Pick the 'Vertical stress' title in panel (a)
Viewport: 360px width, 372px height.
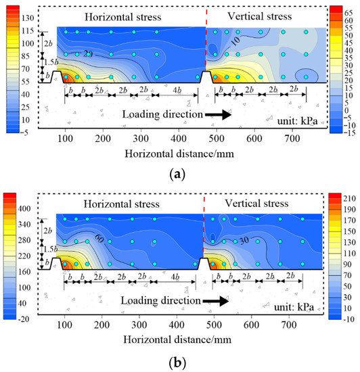click(265, 15)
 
